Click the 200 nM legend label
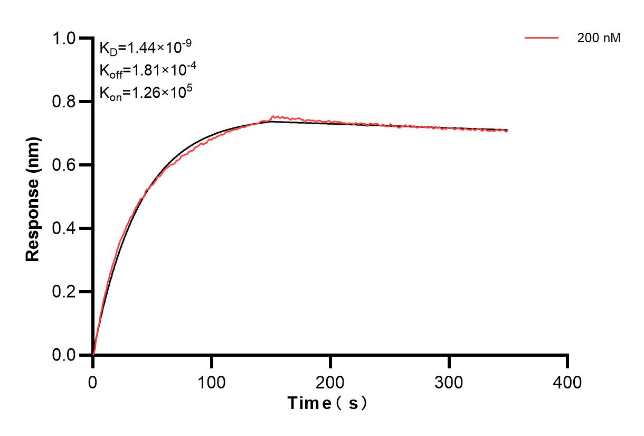599,38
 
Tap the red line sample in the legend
541,38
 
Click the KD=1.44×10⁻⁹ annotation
145,48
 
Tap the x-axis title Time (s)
327,403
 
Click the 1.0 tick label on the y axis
64,38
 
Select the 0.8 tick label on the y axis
64,101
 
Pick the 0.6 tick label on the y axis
64,165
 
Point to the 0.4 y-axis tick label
64,228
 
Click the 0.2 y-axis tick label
64,292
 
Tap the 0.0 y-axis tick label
64,355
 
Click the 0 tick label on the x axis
93,381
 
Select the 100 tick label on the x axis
212,381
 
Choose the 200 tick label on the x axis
330,381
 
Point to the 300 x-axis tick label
449,381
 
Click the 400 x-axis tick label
568,381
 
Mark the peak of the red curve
273,116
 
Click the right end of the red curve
508,131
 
